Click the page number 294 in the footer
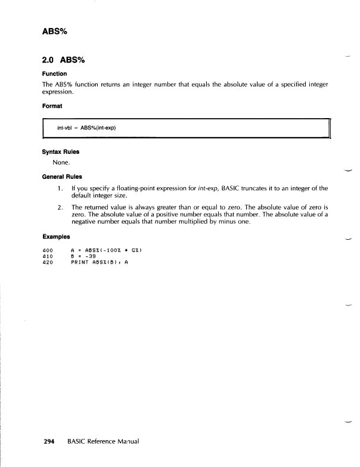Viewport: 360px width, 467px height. [x=49, y=442]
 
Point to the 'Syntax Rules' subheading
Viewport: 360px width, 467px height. [x=61, y=151]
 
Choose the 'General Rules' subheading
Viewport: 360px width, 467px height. [x=63, y=177]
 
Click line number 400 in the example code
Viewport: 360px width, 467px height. [x=49, y=249]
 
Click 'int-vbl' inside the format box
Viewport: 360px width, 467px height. [x=66, y=128]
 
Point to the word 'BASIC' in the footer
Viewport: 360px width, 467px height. [x=77, y=442]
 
